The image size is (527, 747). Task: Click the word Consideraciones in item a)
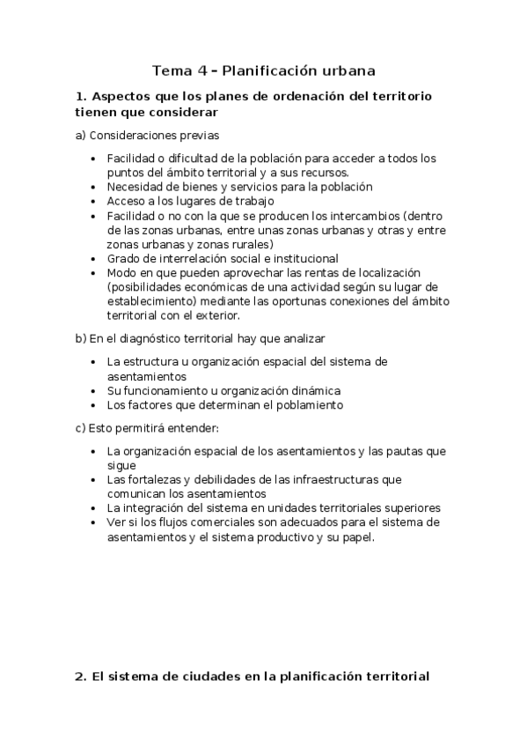click(134, 136)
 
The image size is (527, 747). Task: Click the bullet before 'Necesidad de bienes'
click(95, 187)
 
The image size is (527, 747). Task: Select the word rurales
click(249, 244)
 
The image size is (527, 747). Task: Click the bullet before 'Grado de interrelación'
click(95, 259)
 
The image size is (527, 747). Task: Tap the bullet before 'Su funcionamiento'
click(95, 390)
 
